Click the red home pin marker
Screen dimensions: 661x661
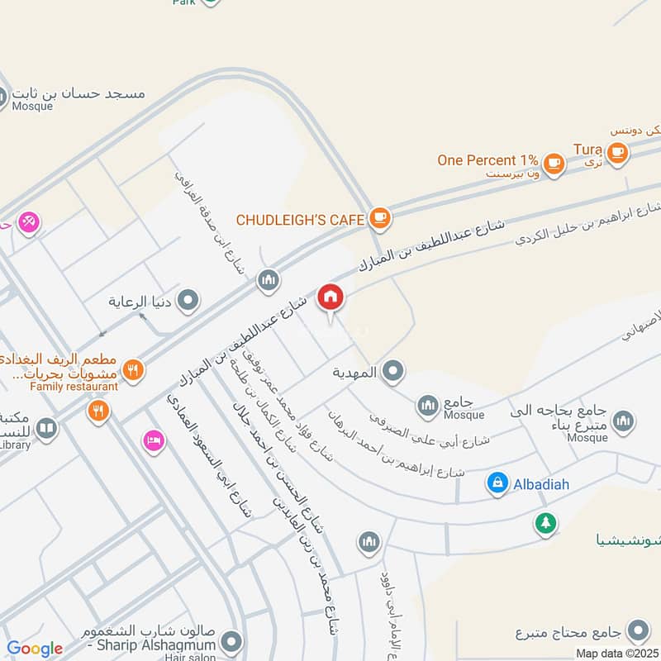330,297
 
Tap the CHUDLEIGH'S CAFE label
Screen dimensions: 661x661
300,220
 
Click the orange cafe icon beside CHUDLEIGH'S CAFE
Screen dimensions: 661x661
379,218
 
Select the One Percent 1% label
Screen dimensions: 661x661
487,160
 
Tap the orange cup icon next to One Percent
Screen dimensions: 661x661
554,163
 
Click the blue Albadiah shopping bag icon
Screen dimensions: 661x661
497,483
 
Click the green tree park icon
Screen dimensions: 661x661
544,522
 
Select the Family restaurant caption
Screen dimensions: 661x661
74,386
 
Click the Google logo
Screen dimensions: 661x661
35,649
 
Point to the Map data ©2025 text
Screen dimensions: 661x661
616,654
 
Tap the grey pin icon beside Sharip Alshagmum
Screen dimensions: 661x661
232,641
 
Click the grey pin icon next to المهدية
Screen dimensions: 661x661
393,373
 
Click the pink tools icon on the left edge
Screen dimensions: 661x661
29,222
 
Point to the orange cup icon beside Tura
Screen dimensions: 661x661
616,151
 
